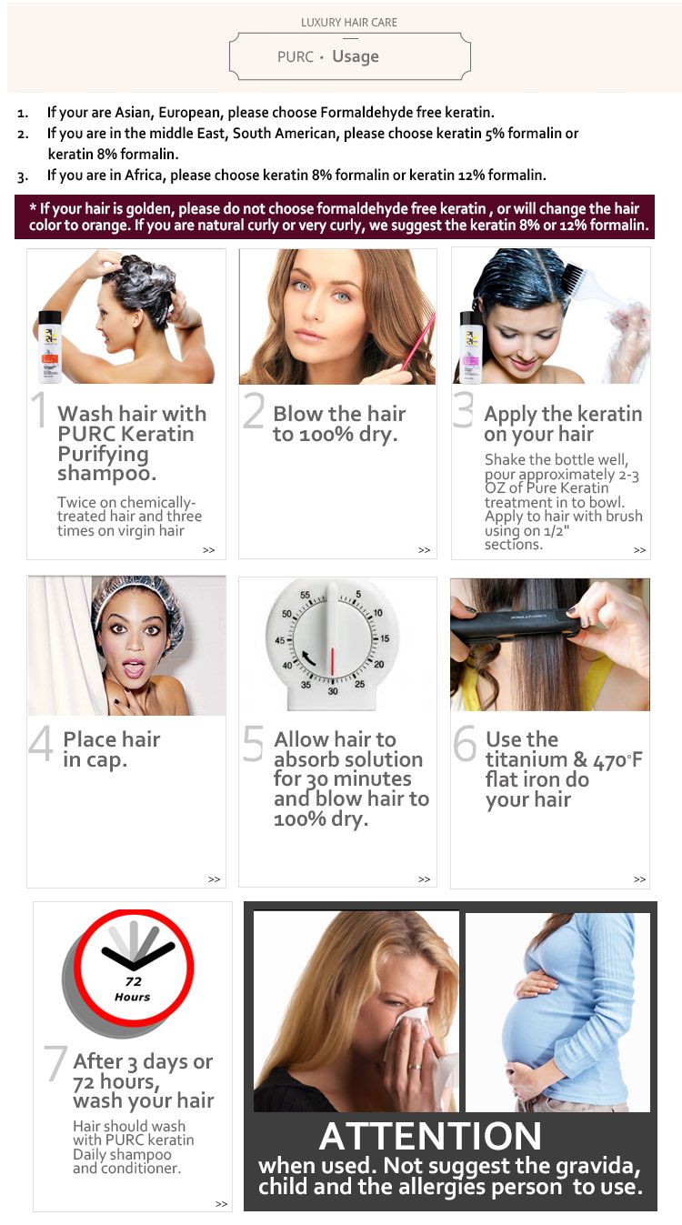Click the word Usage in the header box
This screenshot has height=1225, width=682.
point(356,57)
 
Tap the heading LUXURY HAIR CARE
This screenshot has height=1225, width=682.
point(349,23)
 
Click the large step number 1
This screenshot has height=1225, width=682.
point(39,409)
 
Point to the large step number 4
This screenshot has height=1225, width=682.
point(40,744)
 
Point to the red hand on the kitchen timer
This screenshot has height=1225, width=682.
point(331,661)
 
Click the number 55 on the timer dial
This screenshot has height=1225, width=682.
point(306,595)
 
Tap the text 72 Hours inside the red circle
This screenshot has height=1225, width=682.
point(133,989)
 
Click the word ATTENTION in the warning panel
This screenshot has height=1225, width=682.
point(430,1136)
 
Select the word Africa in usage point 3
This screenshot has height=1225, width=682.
point(145,175)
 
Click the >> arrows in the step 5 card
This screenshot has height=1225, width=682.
point(424,879)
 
